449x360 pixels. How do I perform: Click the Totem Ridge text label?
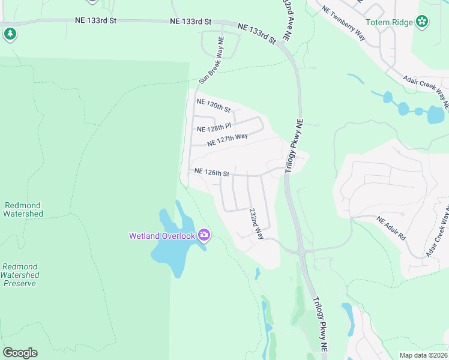coord(390,22)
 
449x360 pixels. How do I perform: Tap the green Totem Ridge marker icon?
coord(423,22)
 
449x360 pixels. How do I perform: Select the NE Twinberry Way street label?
coord(343,23)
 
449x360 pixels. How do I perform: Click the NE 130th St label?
coord(214,106)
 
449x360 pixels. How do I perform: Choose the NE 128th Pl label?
coord(214,128)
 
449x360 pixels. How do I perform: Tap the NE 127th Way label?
coord(228,140)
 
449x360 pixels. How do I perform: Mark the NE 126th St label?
coord(212,173)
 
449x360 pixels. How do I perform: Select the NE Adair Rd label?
coord(391,229)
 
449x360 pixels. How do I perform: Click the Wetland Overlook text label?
coord(162,235)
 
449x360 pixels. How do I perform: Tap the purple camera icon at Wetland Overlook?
coord(204,235)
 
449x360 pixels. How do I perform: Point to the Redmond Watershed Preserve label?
coord(20,275)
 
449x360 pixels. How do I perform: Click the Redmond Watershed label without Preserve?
coord(23,209)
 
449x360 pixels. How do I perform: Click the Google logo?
coord(20,353)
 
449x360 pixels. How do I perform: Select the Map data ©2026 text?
coord(424,355)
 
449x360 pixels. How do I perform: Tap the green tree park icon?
coord(10,34)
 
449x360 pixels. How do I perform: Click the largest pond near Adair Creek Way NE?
coord(435,114)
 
